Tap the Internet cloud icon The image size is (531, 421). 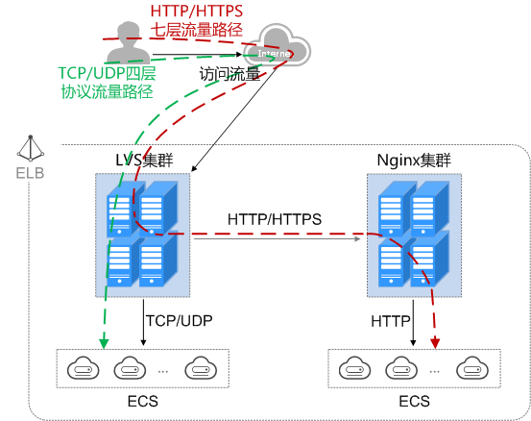click(x=276, y=49)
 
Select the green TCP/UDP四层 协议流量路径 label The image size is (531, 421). click(x=107, y=83)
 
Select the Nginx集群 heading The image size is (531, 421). click(x=415, y=160)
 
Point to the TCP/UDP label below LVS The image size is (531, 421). click(x=179, y=319)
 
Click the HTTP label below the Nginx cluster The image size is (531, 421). click(x=391, y=319)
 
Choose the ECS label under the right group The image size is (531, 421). click(x=415, y=400)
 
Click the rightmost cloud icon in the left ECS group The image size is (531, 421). click(x=199, y=367)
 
